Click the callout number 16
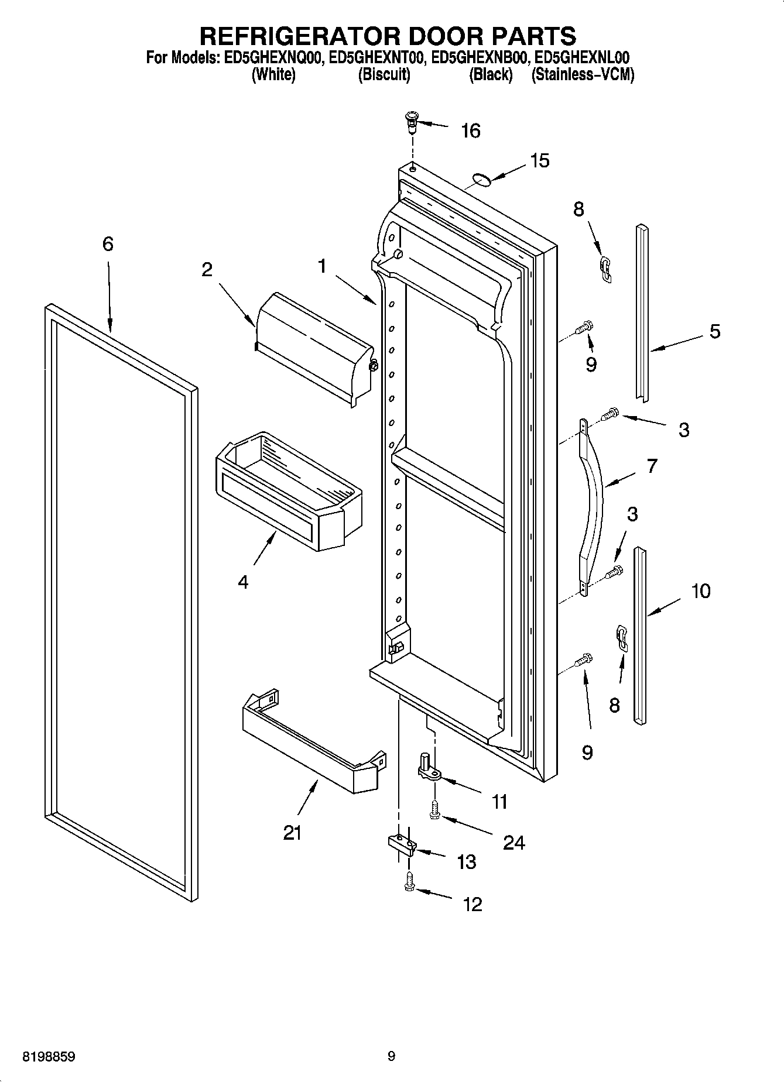[471, 131]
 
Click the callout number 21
[292, 833]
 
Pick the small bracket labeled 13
[401, 843]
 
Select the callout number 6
[108, 244]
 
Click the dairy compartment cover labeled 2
[313, 348]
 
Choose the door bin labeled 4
[287, 492]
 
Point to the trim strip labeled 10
[639, 635]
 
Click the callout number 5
[714, 332]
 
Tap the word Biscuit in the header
[384, 75]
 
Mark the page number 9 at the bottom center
[391, 1056]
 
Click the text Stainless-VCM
[583, 75]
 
